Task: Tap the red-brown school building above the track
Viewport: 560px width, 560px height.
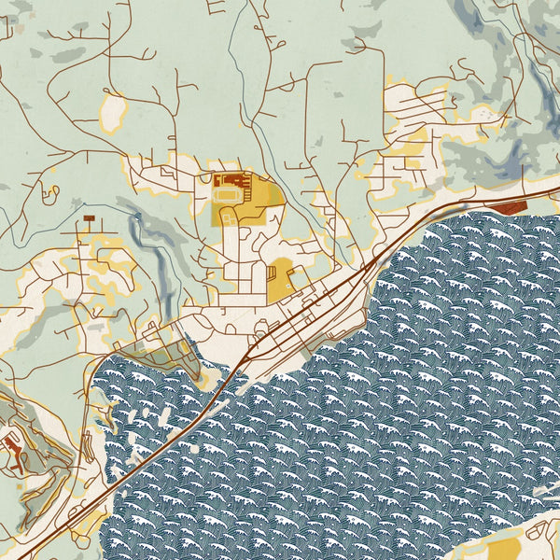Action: (230, 180)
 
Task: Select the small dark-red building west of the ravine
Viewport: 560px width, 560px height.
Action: (89, 217)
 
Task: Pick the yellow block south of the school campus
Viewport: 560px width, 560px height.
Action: (280, 280)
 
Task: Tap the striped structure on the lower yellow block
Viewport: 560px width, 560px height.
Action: (272, 276)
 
